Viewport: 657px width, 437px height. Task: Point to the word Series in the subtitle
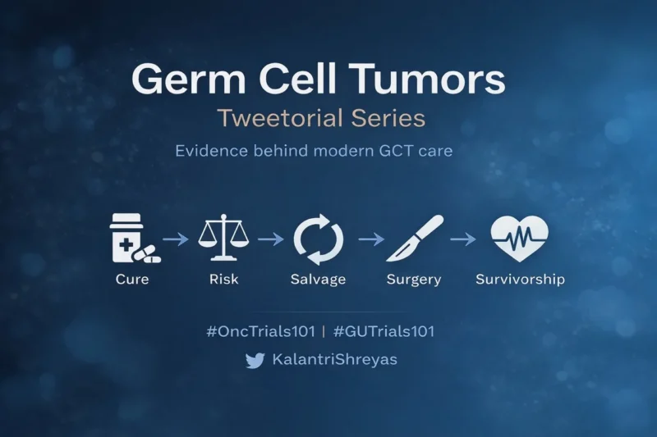coord(391,118)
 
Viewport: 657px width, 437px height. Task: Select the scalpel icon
coord(414,238)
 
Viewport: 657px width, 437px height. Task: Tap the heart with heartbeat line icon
coord(519,238)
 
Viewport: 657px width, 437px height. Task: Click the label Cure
coord(132,280)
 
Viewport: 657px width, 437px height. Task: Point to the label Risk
coord(223,280)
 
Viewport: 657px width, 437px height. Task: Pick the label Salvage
coord(319,280)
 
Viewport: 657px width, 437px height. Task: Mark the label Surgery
coord(414,280)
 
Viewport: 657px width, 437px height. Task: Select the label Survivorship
coord(520,280)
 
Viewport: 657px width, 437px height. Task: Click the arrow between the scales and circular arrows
coord(269,239)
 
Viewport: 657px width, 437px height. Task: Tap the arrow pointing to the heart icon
coord(463,239)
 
